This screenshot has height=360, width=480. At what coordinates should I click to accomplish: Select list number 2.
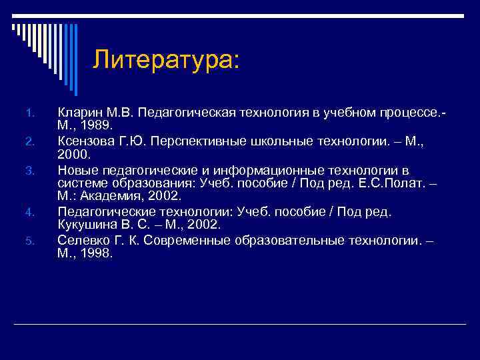click(29, 140)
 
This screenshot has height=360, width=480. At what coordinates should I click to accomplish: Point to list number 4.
click(29, 213)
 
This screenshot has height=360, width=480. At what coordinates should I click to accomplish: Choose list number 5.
click(29, 241)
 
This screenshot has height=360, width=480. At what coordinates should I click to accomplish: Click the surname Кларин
click(78, 111)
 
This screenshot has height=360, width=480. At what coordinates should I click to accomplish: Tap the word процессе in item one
click(403, 111)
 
